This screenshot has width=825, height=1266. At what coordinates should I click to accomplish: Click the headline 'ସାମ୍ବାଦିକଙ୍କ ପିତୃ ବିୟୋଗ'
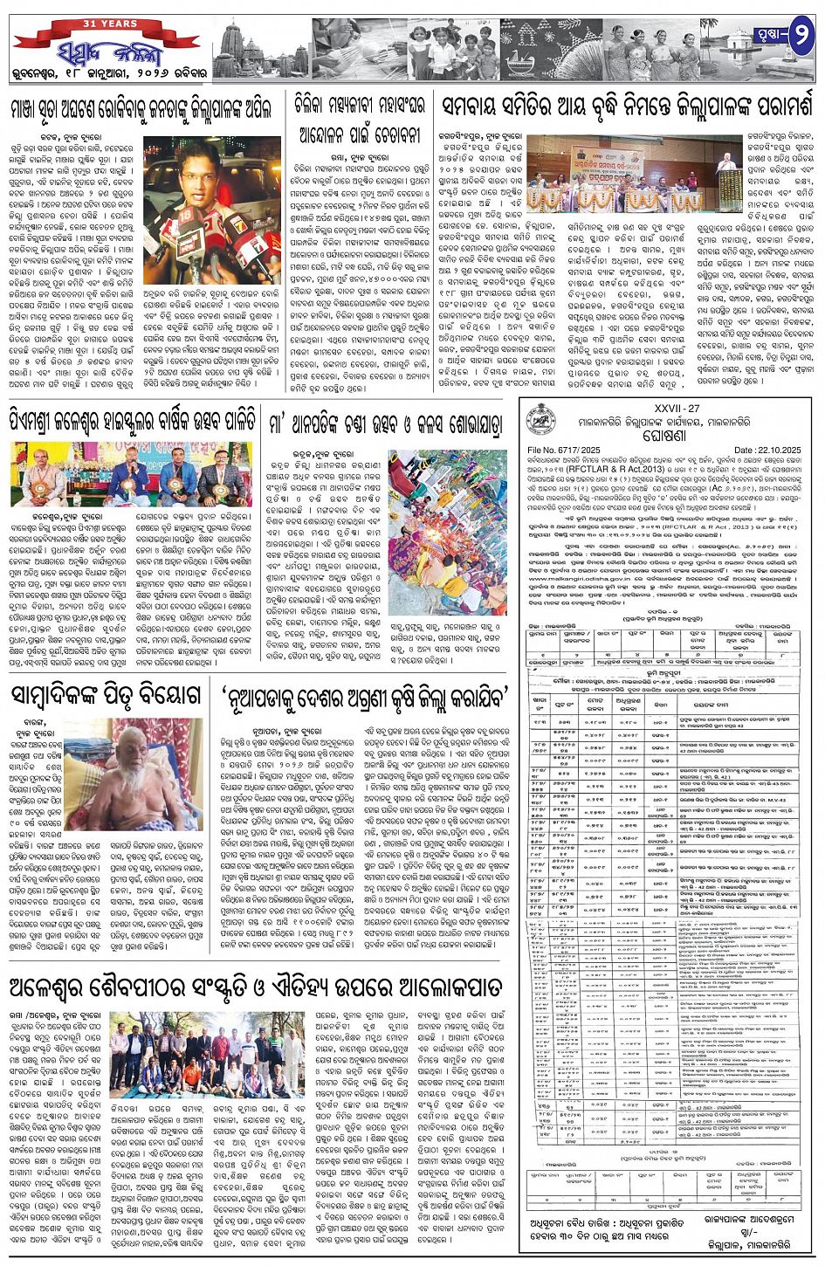(x=106, y=695)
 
